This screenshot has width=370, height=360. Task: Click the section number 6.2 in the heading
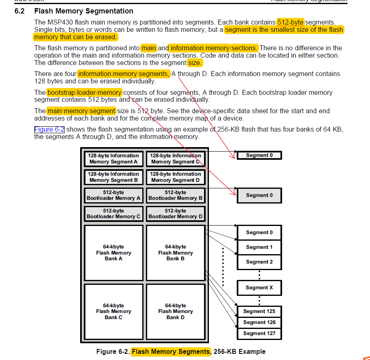20,11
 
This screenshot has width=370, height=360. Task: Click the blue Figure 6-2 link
49,130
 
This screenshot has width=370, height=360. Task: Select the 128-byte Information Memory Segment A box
113,159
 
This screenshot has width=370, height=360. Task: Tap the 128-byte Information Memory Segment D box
175,177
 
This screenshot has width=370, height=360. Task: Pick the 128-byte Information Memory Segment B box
113,177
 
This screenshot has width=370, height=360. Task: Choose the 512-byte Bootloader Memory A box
113,195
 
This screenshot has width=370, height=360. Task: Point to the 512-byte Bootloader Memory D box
175,214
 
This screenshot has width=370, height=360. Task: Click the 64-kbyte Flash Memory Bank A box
113,253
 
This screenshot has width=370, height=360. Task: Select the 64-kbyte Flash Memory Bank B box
175,253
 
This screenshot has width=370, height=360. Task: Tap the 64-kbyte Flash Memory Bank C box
113,311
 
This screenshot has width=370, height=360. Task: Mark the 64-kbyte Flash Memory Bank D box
175,311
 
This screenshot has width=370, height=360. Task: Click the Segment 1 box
259,247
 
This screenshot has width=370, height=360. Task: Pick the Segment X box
259,288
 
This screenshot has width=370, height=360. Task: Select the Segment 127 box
259,333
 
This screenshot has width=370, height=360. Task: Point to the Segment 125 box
259,311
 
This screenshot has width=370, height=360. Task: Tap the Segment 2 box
259,262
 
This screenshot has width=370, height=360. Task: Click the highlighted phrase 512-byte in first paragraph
290,22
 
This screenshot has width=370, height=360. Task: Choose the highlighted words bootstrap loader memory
84,92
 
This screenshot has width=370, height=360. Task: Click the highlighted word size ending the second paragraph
195,63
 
